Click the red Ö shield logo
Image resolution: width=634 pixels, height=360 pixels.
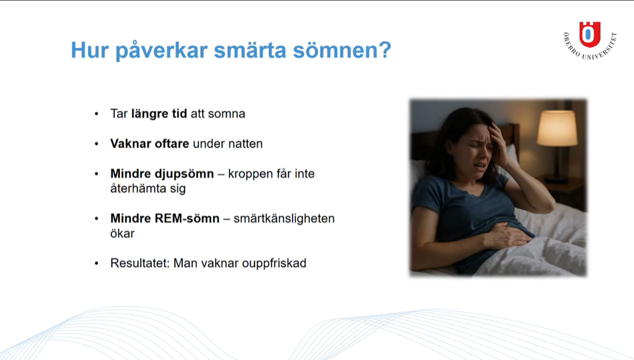click(589, 34)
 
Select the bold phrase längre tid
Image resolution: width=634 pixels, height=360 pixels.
click(159, 114)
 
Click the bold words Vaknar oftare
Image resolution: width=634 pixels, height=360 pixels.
click(149, 144)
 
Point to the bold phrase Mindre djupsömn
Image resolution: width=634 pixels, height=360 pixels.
click(162, 174)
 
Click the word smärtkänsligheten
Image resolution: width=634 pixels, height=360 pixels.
click(284, 219)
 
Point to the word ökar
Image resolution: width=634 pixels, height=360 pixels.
click(122, 233)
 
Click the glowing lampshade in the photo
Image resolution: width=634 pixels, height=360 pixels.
click(557, 129)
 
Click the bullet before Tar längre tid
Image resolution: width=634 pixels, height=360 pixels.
click(96, 114)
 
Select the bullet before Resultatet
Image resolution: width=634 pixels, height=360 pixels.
click(96, 263)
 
